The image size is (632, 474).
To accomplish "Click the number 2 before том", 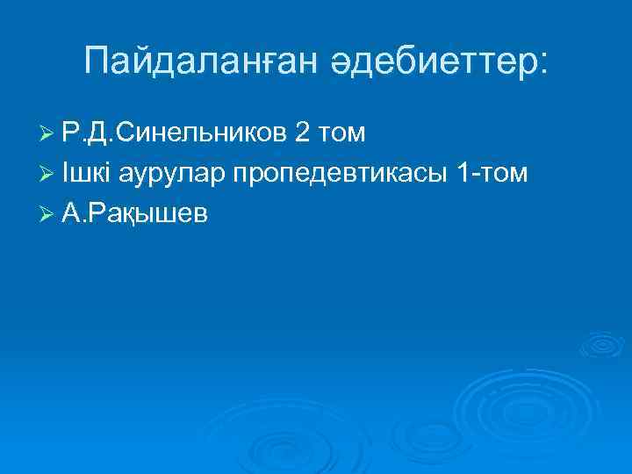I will [303, 133].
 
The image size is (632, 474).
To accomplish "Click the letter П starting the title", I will [97, 61].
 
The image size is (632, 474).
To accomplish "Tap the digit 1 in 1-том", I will [463, 174].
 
